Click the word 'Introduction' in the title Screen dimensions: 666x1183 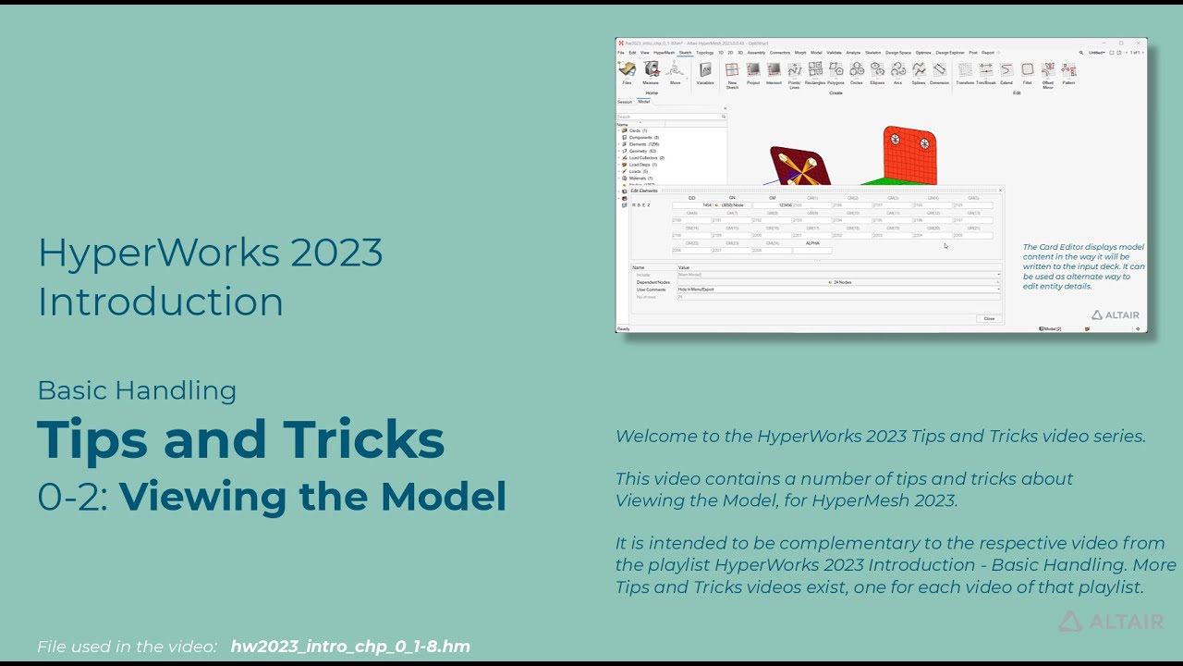click(x=160, y=302)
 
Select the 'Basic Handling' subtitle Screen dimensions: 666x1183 click(x=137, y=390)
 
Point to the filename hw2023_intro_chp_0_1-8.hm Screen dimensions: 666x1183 click(x=350, y=647)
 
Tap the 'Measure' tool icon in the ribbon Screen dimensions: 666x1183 click(x=651, y=70)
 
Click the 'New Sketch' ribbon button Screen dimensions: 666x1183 click(x=732, y=71)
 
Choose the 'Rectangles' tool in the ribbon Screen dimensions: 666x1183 click(x=815, y=71)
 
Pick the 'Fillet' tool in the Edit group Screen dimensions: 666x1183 click(x=1027, y=71)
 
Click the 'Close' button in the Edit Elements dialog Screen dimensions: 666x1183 click(x=989, y=318)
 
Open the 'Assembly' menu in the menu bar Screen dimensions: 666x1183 click(x=756, y=53)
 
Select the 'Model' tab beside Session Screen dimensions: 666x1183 click(x=644, y=102)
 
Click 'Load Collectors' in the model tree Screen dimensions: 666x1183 click(x=646, y=158)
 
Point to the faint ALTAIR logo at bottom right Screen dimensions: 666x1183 click(x=1111, y=622)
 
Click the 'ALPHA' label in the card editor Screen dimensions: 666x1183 click(x=812, y=242)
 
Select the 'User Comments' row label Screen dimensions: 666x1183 click(x=652, y=290)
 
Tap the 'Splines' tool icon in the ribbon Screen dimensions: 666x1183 click(x=919, y=71)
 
